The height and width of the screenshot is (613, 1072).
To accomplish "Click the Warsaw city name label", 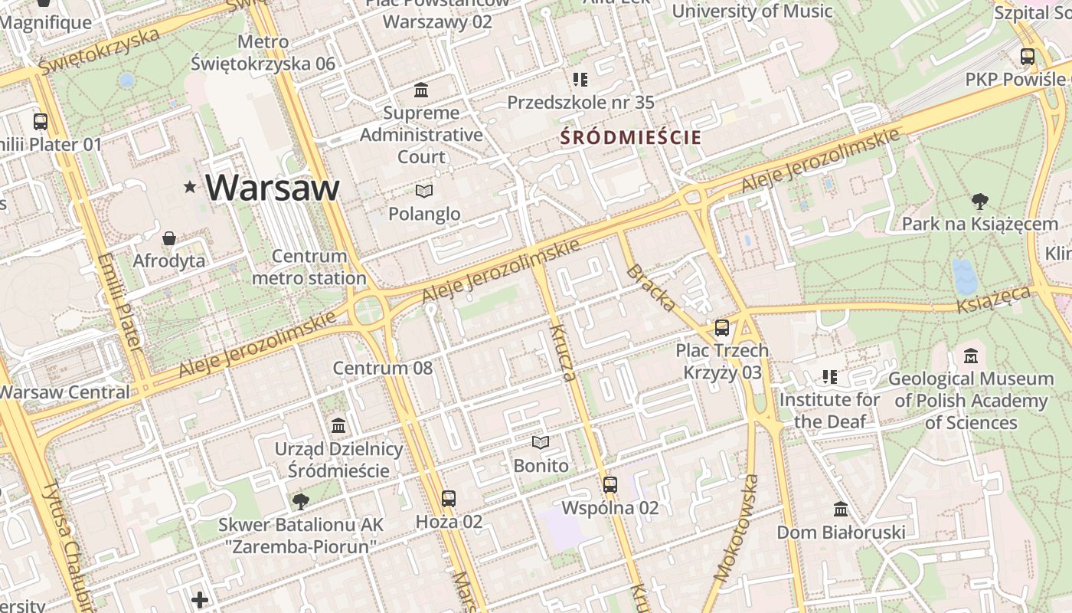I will click(272, 188).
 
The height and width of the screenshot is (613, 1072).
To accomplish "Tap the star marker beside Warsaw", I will click(190, 187).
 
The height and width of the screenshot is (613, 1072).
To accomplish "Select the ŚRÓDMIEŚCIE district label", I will click(630, 138).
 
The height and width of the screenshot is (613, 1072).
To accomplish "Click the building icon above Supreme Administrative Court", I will click(421, 90).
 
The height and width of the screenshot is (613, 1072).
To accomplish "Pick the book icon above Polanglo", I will click(424, 191).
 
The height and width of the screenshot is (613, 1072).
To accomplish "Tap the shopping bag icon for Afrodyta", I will click(169, 239).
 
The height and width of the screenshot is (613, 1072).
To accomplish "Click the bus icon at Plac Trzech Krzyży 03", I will click(721, 328).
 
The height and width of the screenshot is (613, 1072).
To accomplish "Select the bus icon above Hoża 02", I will click(449, 499).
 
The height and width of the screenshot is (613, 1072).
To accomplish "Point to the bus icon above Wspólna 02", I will click(610, 484).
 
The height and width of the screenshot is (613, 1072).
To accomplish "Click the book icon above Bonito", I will click(541, 443).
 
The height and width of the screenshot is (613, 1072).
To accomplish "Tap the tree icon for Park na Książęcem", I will click(979, 202).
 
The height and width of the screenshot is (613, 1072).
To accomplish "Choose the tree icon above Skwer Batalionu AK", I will click(301, 502).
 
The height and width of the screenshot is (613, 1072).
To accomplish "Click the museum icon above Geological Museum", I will click(971, 356).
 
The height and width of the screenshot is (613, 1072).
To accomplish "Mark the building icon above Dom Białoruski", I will click(841, 509).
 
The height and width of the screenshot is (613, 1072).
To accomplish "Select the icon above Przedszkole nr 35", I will click(580, 79).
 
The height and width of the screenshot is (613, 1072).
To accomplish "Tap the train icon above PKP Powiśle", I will click(1028, 56).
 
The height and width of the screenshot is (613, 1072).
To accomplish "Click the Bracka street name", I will click(651, 288).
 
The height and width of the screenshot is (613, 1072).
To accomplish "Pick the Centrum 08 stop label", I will click(383, 368).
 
